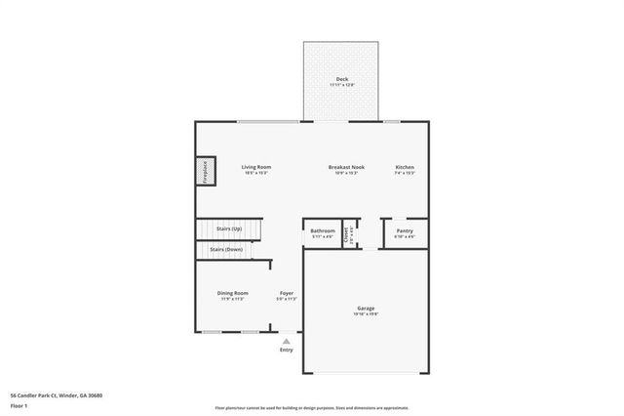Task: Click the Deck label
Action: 342,79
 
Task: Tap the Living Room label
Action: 255,167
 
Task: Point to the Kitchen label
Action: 405,167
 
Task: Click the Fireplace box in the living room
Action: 205,172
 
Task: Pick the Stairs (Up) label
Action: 230,228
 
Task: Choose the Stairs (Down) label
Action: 227,249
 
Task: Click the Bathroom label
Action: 323,230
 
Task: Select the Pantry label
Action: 405,230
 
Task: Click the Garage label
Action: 366,309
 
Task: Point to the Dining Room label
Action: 232,293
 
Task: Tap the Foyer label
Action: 287,293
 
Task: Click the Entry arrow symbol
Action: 286,341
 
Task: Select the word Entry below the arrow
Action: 286,350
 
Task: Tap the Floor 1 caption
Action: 19,404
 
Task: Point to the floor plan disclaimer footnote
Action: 312,408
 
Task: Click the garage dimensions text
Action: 366,314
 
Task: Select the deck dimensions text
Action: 342,85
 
